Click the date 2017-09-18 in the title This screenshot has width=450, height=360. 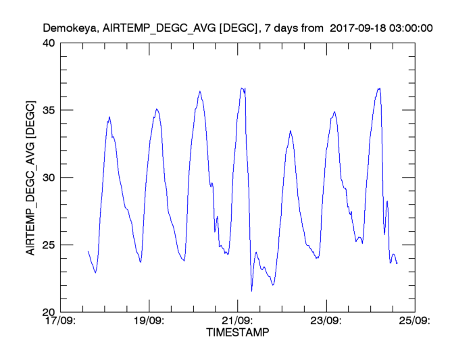[x=359, y=29]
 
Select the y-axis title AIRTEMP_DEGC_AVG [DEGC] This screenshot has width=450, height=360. [x=30, y=176]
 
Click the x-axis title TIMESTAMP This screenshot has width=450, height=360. [x=237, y=332]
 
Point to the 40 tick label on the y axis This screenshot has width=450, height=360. [x=49, y=43]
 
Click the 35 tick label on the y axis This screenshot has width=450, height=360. [x=49, y=110]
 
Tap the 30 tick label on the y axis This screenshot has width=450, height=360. [x=49, y=178]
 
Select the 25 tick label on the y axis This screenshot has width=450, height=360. [x=49, y=245]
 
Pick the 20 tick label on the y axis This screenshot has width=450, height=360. [x=49, y=312]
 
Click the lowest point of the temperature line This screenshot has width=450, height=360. [x=251, y=291]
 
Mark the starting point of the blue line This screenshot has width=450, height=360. [x=88, y=251]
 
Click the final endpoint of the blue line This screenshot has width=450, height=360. [x=397, y=263]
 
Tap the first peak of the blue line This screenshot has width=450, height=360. [x=109, y=117]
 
